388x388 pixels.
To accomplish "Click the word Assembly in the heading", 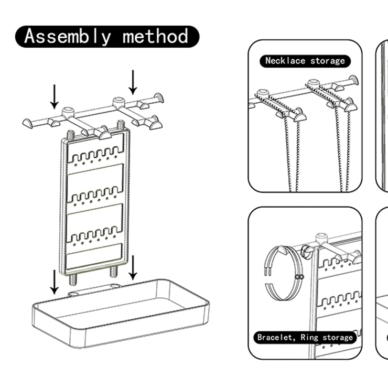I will (68, 37).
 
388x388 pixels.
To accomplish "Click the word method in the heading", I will (156, 37).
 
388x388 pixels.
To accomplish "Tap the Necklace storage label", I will (305, 61).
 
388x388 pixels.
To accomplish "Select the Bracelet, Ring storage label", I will (305, 337).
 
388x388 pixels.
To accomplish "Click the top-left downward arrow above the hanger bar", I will (54, 96).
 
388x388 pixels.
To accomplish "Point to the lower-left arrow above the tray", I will (54, 282).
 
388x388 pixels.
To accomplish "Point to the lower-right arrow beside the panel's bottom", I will (133, 267).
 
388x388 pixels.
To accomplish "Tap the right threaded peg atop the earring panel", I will (121, 126).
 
